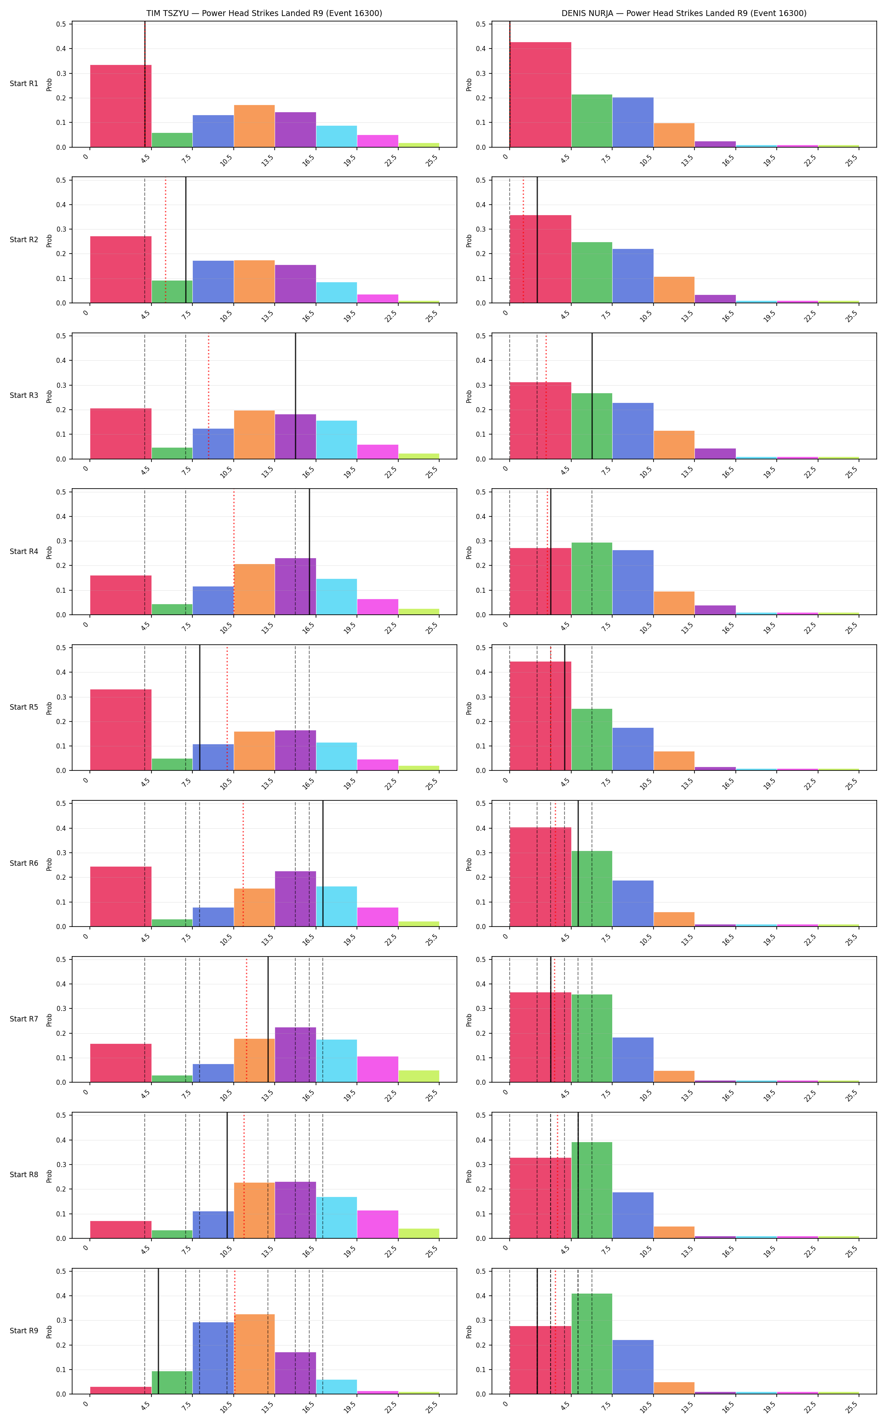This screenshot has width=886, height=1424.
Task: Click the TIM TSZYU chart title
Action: [264, 13]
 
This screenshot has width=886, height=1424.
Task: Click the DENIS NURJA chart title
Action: [684, 13]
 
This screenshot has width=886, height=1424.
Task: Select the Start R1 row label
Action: [24, 84]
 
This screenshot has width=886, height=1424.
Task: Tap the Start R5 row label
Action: [24, 707]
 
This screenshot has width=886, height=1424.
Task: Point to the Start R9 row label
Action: [24, 1331]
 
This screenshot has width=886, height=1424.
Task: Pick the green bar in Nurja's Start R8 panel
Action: [592, 1190]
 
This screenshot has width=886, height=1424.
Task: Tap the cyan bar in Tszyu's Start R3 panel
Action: [336, 440]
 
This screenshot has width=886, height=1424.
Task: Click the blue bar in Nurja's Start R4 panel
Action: [633, 583]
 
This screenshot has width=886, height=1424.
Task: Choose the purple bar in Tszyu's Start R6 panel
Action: [295, 899]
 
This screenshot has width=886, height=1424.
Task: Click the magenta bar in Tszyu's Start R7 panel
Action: [377, 1070]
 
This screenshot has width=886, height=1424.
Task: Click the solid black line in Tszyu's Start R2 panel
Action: [186, 240]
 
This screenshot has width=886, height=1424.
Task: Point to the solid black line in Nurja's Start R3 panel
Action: [592, 396]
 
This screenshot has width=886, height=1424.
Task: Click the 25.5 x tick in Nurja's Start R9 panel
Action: [851, 1407]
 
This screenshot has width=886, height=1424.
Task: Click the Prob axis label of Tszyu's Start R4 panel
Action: [49, 552]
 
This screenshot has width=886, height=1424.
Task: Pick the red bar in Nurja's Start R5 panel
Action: [540, 716]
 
